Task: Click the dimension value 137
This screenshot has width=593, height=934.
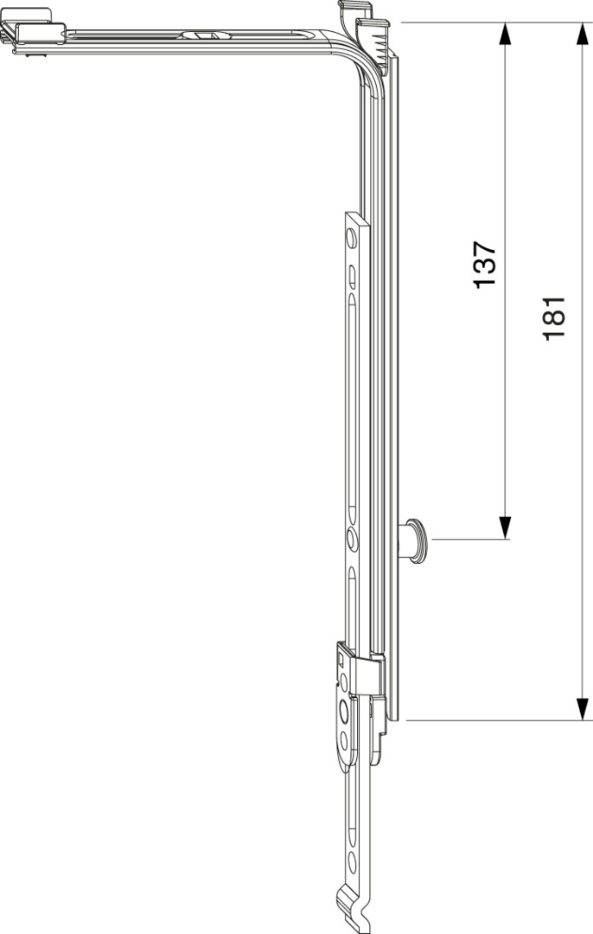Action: (x=485, y=265)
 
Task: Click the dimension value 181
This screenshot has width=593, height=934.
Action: (x=554, y=318)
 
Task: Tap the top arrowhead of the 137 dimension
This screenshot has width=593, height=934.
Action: (x=505, y=34)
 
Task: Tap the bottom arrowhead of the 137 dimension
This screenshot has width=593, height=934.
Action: (x=505, y=528)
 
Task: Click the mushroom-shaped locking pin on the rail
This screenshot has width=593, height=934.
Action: (x=413, y=541)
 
